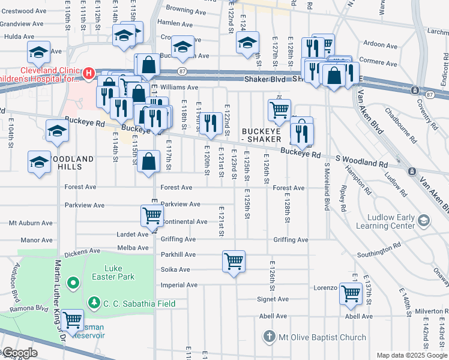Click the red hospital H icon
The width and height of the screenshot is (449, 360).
pos(89,74)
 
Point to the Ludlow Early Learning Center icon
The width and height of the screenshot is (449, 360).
pos(424,221)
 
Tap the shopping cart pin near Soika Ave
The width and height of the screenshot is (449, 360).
pos(234,262)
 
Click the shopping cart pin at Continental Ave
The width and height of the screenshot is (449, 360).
pos(152,216)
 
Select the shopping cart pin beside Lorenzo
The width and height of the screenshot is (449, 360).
pos(351,295)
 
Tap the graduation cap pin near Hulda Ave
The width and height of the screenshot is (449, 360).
pos(39,53)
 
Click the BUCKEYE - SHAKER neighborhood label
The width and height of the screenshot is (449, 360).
pos(261,135)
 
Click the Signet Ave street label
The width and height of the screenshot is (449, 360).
pos(273,299)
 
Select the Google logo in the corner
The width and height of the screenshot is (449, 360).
pos(19,352)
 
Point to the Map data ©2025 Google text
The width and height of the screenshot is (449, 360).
pos(412,355)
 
